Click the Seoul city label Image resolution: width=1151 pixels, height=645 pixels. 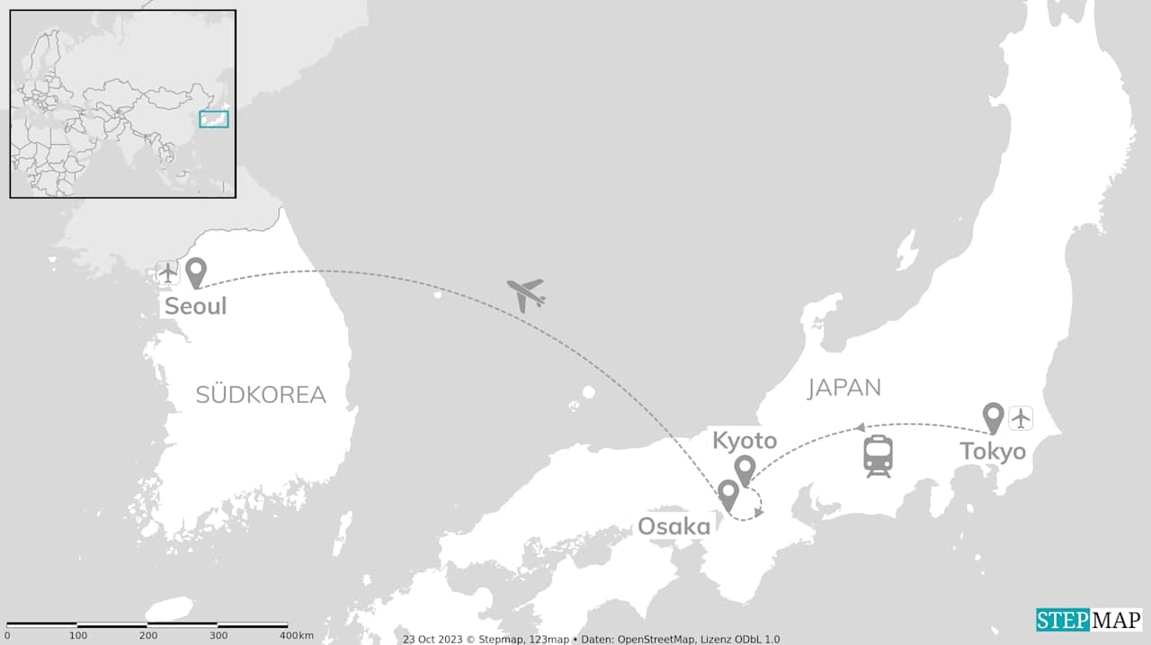[195, 306]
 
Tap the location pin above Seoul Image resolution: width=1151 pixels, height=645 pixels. [195, 272]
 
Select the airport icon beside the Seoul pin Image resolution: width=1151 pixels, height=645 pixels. [168, 272]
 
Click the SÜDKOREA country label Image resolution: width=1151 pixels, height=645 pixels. [261, 395]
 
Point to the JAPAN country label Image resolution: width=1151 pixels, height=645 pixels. [843, 388]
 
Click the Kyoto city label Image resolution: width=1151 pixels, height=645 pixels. [745, 441]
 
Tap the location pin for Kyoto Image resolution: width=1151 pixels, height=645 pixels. [745, 470]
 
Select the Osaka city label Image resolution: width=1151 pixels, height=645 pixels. [674, 526]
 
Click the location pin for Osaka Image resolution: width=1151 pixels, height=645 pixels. [727, 494]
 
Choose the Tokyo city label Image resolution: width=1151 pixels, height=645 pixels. [993, 451]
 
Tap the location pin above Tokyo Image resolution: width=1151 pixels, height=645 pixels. [993, 417]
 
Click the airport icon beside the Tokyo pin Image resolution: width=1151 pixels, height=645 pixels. [1021, 418]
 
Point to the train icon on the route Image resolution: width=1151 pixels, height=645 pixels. [878, 455]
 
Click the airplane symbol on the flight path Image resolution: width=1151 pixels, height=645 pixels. [526, 294]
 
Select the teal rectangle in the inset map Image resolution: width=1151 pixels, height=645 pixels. [214, 119]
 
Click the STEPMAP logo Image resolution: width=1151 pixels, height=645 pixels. [1088, 620]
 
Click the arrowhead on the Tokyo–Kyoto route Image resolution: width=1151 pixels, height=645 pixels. [860, 427]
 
